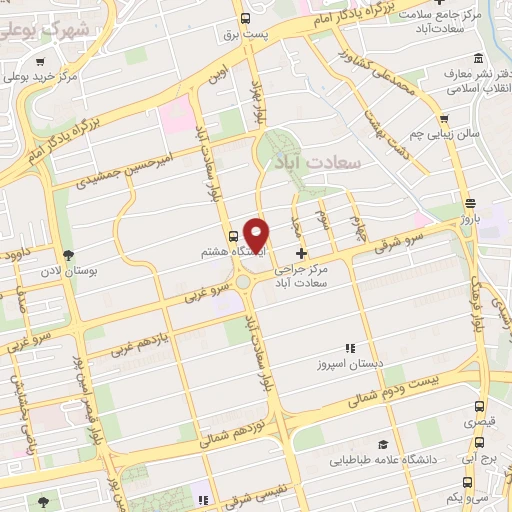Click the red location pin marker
click(257, 234)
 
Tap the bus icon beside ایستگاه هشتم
click(233, 237)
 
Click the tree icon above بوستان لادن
click(68, 255)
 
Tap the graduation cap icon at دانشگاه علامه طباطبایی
click(383, 444)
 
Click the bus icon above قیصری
click(480, 406)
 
